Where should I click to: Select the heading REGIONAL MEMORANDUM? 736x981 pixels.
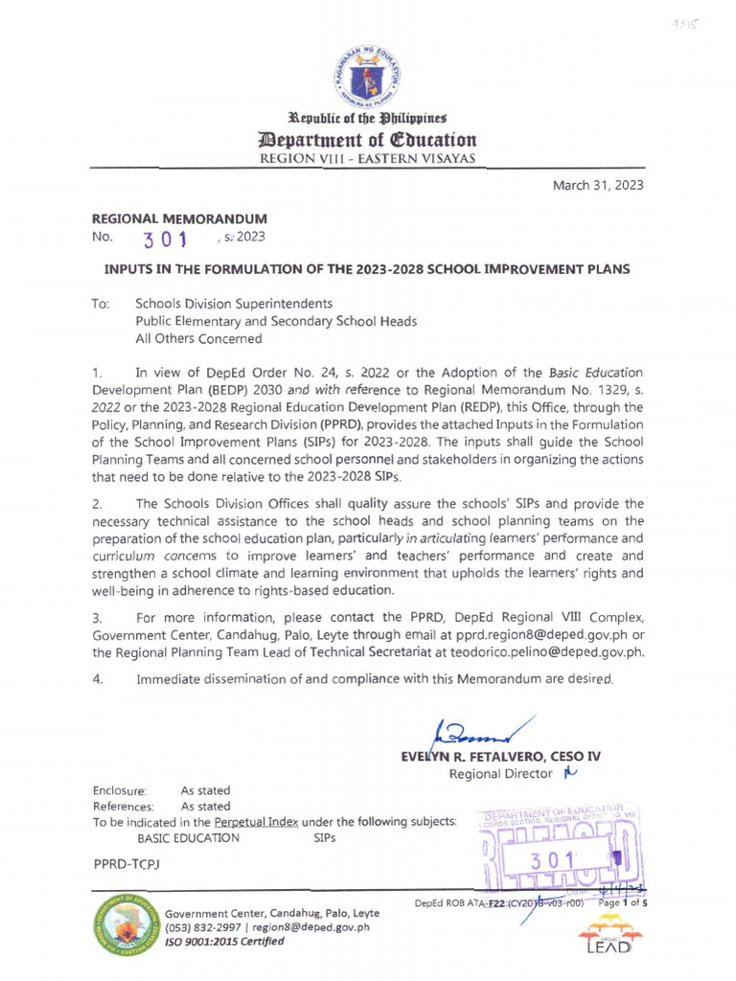point(178,218)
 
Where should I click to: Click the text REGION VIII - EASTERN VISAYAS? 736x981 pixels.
point(369,159)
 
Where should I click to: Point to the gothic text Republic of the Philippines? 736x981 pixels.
point(369,119)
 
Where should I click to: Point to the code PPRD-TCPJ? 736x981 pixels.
point(126,865)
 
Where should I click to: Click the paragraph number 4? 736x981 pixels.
point(96,680)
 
